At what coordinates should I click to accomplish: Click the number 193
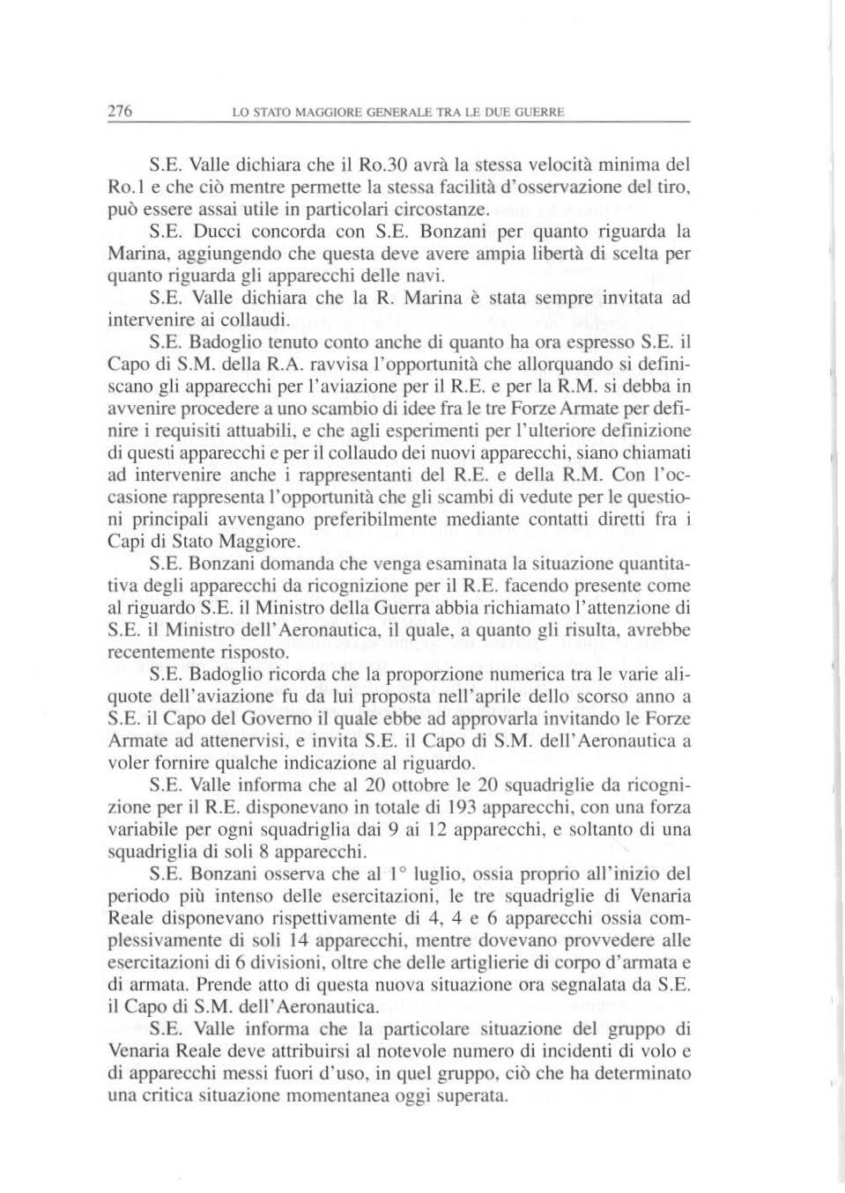(463, 807)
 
